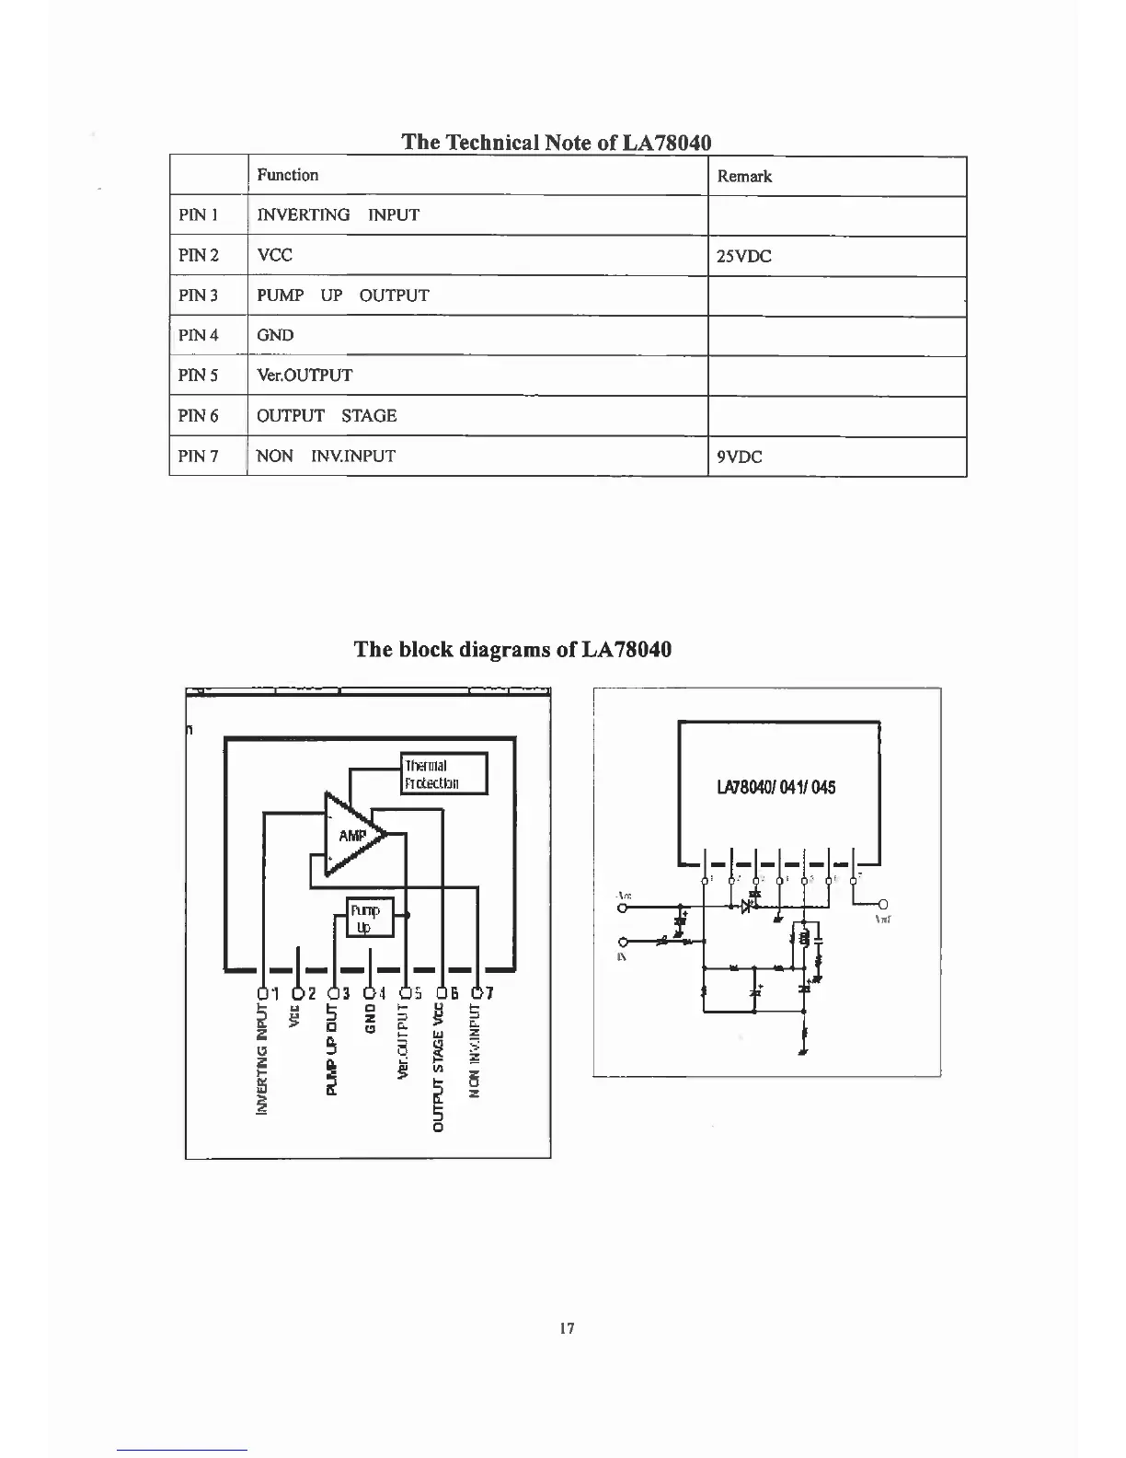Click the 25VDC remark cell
(x=744, y=257)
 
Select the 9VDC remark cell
(x=740, y=457)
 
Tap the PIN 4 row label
(x=199, y=335)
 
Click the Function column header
(x=287, y=175)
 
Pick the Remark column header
(x=744, y=177)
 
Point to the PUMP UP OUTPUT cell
(x=342, y=295)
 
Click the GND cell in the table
(x=275, y=335)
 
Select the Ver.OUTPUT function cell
(x=304, y=376)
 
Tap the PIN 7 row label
(x=199, y=456)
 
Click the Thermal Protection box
(x=444, y=774)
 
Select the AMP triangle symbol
(x=351, y=836)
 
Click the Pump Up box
(x=370, y=918)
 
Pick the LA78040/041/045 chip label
(x=776, y=788)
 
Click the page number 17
(x=567, y=1328)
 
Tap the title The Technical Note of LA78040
(x=557, y=142)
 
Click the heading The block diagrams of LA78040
(x=512, y=649)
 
